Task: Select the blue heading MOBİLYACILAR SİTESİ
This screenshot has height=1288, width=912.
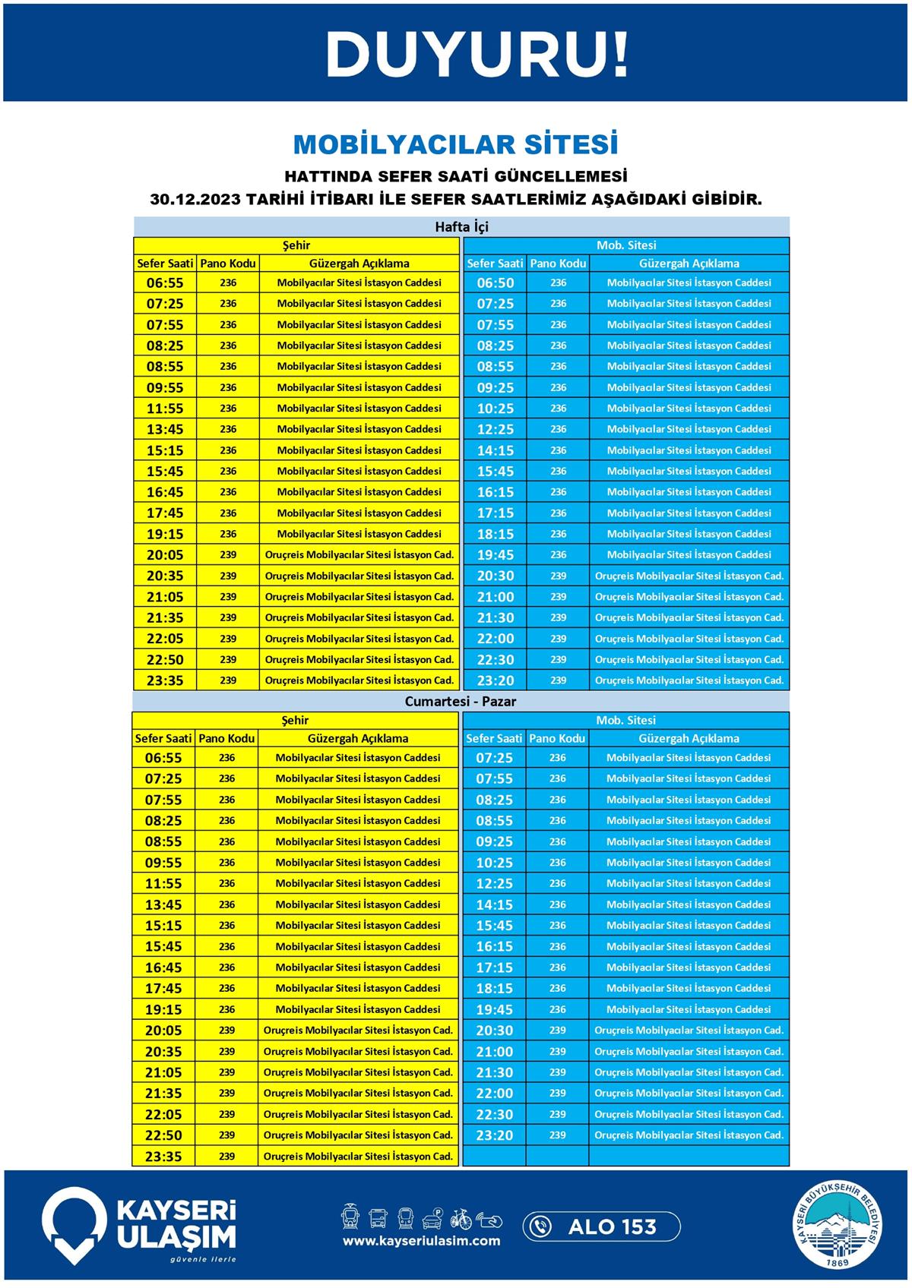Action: pyautogui.click(x=455, y=144)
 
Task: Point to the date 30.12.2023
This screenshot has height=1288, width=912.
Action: pyautogui.click(x=195, y=200)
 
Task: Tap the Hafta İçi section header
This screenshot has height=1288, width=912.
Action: pyautogui.click(x=461, y=227)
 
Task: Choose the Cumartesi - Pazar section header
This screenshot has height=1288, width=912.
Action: pyautogui.click(x=460, y=702)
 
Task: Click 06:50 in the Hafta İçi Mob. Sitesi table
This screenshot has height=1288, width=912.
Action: pyautogui.click(x=495, y=283)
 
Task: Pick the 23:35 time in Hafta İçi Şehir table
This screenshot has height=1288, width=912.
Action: pyautogui.click(x=165, y=680)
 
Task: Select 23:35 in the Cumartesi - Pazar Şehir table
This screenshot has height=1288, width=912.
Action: pyautogui.click(x=163, y=1157)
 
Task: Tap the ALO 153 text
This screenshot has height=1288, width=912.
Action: pyautogui.click(x=612, y=1226)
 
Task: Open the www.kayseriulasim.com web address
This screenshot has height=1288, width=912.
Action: pyautogui.click(x=421, y=1241)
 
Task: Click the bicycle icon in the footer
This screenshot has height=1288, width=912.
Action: pyautogui.click(x=461, y=1219)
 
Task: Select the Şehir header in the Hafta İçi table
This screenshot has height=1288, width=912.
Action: pyautogui.click(x=296, y=245)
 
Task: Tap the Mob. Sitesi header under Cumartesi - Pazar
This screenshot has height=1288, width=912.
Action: pyautogui.click(x=625, y=720)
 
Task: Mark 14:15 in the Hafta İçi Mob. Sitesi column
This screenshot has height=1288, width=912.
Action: pyautogui.click(x=495, y=450)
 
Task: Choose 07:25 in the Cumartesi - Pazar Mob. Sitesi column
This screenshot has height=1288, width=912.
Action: pyautogui.click(x=494, y=758)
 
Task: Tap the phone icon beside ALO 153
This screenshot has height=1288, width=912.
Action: pyautogui.click(x=540, y=1226)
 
